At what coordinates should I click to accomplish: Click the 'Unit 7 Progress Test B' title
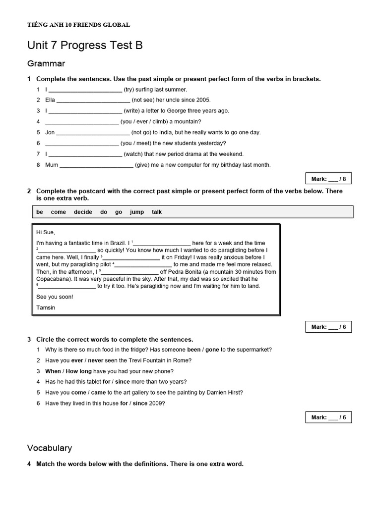(x=85, y=46)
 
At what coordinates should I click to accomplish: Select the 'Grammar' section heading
(x=46, y=63)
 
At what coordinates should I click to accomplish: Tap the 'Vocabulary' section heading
(x=50, y=448)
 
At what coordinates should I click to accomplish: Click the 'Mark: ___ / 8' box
(x=328, y=179)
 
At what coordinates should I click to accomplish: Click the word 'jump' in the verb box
(x=137, y=212)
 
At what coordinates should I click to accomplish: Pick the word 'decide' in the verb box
(x=83, y=212)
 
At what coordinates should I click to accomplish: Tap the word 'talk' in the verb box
(x=157, y=212)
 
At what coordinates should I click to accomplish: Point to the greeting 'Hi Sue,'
(x=46, y=232)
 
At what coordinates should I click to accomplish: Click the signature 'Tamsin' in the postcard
(x=46, y=307)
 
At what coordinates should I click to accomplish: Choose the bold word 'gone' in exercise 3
(x=212, y=350)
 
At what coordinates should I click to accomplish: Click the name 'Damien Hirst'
(x=226, y=393)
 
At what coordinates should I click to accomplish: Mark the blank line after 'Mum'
(x=96, y=165)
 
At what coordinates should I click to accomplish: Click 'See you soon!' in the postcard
(x=55, y=297)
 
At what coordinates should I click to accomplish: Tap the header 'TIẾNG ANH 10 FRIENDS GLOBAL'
(x=79, y=25)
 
